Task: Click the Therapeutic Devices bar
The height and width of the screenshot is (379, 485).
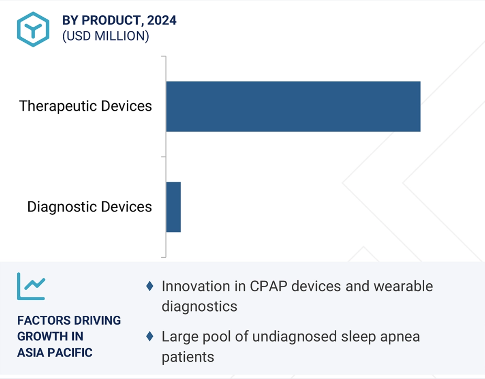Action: pos(293,107)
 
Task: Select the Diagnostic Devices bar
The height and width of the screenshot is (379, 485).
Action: pos(173,207)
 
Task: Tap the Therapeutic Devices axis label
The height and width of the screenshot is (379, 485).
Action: pos(85,106)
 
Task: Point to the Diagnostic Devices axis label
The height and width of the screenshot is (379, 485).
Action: pos(90,207)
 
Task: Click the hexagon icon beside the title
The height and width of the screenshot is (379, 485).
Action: pos(33,29)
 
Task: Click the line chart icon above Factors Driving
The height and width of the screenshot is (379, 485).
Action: pos(31,286)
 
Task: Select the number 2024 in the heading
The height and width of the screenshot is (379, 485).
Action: pos(162,20)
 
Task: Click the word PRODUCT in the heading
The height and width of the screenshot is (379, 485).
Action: pos(113,20)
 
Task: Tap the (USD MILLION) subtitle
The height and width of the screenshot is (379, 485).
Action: pos(106,36)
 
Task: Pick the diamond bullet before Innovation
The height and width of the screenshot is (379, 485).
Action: pos(150,286)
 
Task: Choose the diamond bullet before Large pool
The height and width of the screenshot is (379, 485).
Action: pos(150,336)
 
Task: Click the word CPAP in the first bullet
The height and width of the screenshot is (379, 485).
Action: pos(269,286)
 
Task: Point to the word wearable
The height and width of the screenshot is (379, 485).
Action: pos(403,286)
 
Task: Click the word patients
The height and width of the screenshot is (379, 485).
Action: pos(188,357)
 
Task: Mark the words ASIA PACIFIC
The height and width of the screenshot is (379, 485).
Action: pos(55,352)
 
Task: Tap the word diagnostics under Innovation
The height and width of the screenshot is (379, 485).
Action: pos(200,307)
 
